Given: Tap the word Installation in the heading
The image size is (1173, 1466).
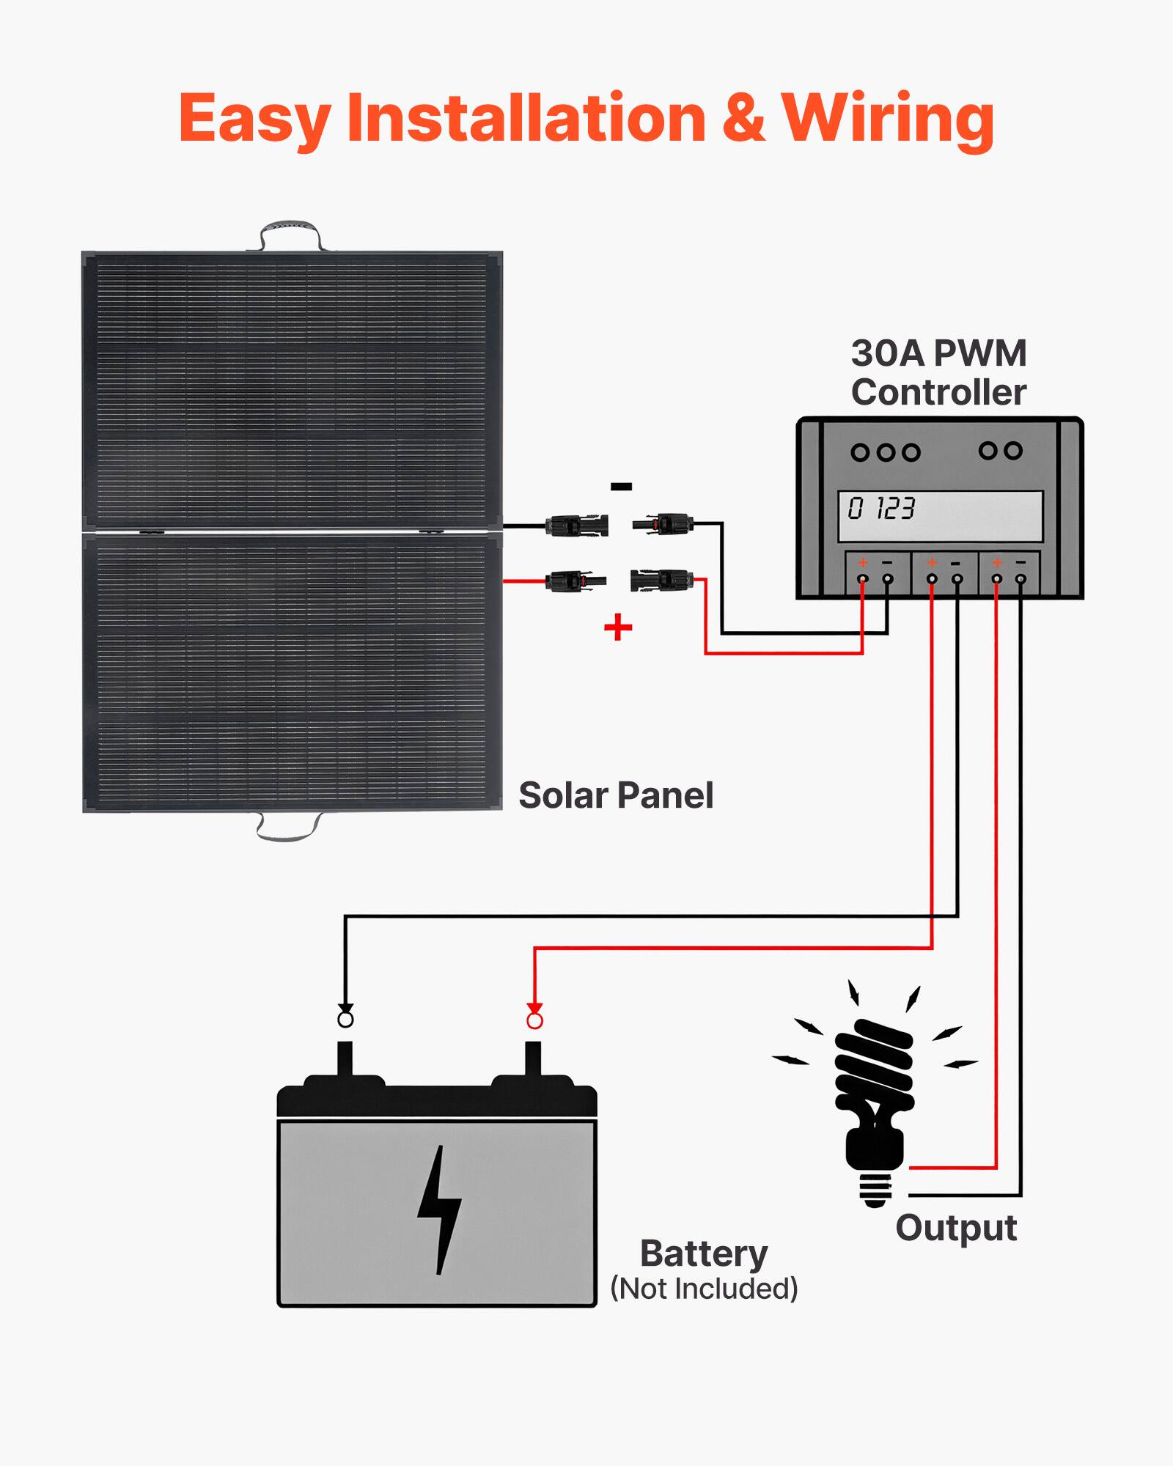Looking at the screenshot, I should (x=526, y=119).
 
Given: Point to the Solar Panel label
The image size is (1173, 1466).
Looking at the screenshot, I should (x=615, y=795).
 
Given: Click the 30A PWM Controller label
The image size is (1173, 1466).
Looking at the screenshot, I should (x=938, y=372).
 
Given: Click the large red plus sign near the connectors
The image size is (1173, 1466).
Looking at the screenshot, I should (x=618, y=627).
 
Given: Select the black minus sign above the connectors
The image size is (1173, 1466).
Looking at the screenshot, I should (x=620, y=487).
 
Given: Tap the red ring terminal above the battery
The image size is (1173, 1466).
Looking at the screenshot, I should (x=534, y=1020).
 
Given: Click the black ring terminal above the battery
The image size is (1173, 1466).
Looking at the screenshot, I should (x=345, y=1020).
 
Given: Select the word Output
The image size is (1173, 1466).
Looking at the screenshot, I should (x=956, y=1229).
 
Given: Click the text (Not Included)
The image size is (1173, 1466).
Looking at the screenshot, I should (x=704, y=1289).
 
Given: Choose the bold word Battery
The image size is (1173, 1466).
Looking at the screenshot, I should (x=704, y=1253).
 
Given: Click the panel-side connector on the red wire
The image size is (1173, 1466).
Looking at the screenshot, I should (x=576, y=582).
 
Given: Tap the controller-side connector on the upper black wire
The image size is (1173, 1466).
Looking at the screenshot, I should (x=664, y=524).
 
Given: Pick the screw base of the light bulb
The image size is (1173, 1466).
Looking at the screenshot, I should (x=875, y=1189).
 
